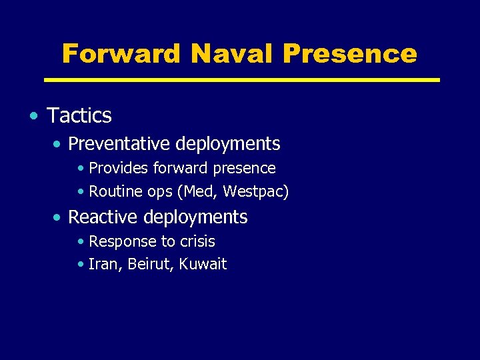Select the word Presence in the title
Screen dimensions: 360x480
[349, 53]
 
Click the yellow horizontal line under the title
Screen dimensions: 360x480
[241, 79]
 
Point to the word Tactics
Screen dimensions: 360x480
[79, 116]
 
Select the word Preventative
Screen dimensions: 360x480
[121, 144]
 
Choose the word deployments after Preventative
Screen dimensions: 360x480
[228, 144]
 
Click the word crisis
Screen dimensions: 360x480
[197, 241]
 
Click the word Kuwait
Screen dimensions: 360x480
[203, 265]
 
